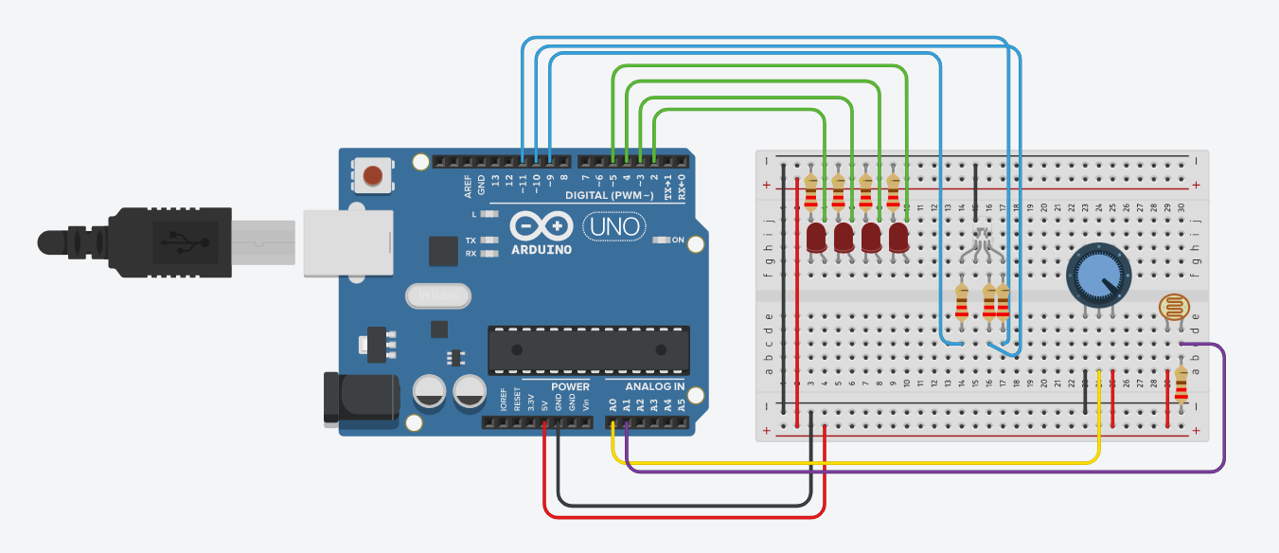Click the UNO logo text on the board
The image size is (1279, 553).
pos(614,227)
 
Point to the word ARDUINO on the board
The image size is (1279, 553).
pos(542,250)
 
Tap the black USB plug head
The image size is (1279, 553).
pos(170,242)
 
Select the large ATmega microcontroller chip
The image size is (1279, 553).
pos(588,349)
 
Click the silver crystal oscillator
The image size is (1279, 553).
pos(437,297)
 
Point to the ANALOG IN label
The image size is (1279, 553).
pos(655,387)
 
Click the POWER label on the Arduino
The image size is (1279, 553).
pos(570,387)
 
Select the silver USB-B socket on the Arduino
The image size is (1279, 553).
pos(347,243)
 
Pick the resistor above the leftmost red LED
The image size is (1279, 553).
pos(811,192)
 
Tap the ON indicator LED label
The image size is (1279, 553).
pos(678,241)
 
